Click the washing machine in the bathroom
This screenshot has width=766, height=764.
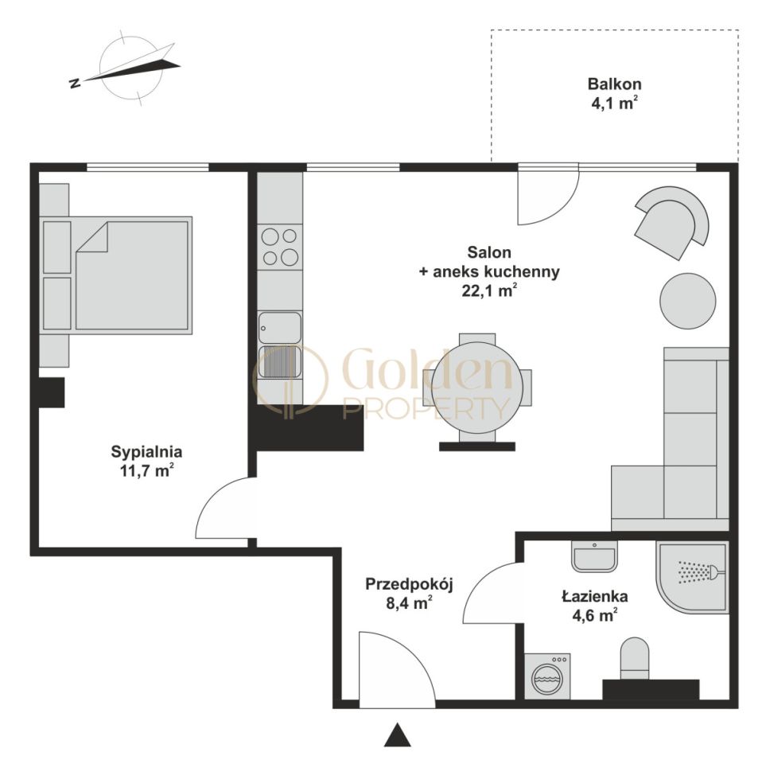click(547, 676)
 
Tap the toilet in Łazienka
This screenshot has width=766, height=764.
click(635, 658)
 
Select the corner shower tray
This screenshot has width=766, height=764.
click(693, 578)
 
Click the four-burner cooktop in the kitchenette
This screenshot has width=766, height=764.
click(280, 247)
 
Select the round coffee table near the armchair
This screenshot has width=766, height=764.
click(688, 301)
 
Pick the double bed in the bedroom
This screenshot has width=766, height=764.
click(116, 275)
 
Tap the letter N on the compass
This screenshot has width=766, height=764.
click(76, 83)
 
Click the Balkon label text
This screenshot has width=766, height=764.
click(615, 84)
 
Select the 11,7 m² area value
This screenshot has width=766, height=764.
click(146, 470)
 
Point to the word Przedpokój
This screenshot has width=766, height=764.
click(410, 584)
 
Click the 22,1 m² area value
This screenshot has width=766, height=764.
click(489, 290)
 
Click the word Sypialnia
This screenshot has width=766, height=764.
click(146, 452)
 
